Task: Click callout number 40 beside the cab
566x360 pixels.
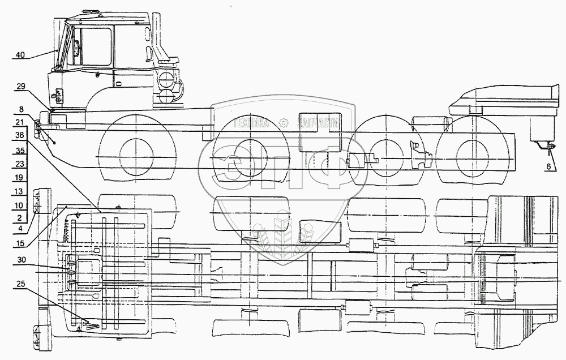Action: pos(20,55)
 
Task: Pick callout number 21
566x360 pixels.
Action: pos(20,122)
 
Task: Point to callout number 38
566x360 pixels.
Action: pos(20,136)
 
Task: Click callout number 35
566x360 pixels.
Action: pos(20,151)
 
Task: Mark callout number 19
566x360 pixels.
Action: pos(20,177)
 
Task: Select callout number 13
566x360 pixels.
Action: pos(20,191)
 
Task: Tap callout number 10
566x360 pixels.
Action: pos(20,204)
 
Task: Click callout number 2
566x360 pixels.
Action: pos(20,217)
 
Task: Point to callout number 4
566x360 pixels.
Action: pos(20,229)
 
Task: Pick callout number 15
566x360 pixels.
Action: pos(20,244)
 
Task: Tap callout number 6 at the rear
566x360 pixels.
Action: pos(548,167)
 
